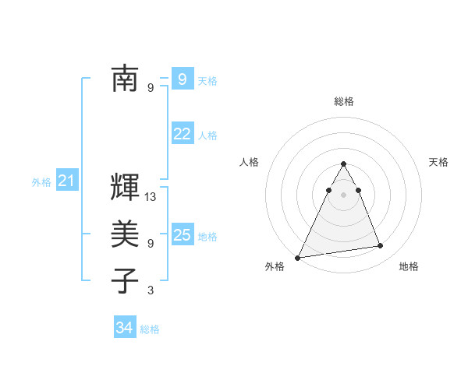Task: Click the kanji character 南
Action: [x=126, y=78]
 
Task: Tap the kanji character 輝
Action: [x=126, y=187]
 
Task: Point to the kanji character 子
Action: [x=126, y=280]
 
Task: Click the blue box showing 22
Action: [x=182, y=134]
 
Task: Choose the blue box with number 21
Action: [x=66, y=181]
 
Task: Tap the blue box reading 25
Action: [x=182, y=234]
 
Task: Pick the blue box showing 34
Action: [x=124, y=328]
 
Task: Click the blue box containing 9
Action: [x=182, y=79]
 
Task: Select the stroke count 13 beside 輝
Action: [x=151, y=198]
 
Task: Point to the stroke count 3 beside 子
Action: [x=151, y=291]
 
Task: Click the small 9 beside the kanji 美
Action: [x=151, y=243]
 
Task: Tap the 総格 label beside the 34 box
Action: [x=150, y=329]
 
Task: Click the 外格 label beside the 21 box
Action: [x=41, y=182]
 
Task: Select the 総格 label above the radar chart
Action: [x=344, y=101]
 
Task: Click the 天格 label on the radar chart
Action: [x=438, y=162]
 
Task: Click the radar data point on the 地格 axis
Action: [x=381, y=246]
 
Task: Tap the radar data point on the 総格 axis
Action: [x=343, y=164]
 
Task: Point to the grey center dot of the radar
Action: [x=343, y=195]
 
